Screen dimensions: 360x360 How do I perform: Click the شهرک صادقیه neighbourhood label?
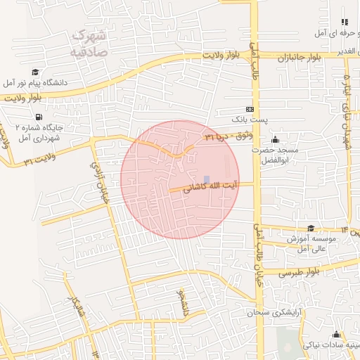pos(89,43)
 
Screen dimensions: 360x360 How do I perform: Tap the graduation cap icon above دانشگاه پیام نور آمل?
pos(35,72)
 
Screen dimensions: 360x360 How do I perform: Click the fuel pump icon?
pos(37,117)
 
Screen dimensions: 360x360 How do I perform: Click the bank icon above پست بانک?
pos(251,109)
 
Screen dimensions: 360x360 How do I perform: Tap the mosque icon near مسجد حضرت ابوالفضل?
pos(274,139)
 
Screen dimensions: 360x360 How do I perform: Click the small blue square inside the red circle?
pos(206,180)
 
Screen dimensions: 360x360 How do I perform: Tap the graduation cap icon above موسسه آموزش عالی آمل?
pos(310,228)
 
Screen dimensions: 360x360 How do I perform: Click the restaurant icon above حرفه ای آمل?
pos(344,22)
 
